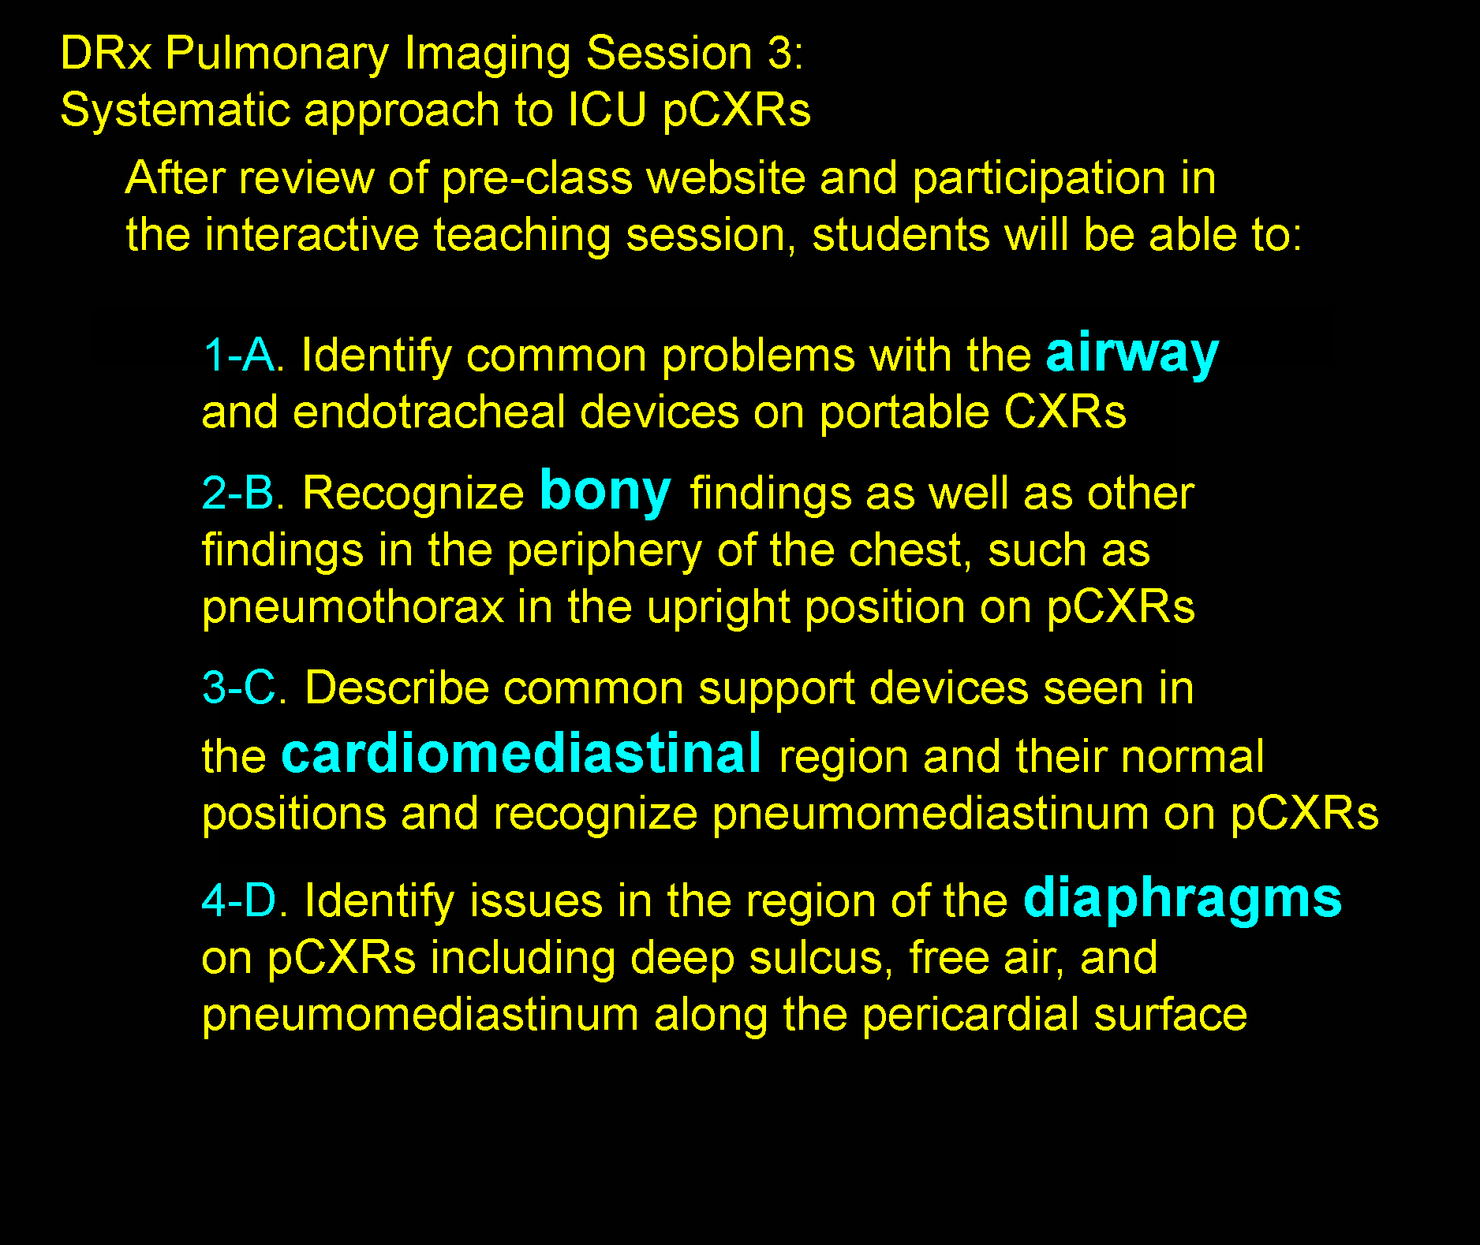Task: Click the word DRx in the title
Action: point(106,54)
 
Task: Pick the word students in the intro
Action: point(900,235)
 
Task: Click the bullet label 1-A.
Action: point(243,355)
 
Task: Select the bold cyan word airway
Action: point(1132,353)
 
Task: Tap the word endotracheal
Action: point(429,412)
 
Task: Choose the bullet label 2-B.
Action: point(243,493)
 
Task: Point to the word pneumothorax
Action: point(353,608)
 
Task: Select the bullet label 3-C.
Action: point(245,688)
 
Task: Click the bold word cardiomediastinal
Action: point(521,754)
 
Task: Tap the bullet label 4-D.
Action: point(245,900)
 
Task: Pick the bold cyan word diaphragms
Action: point(1182,899)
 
